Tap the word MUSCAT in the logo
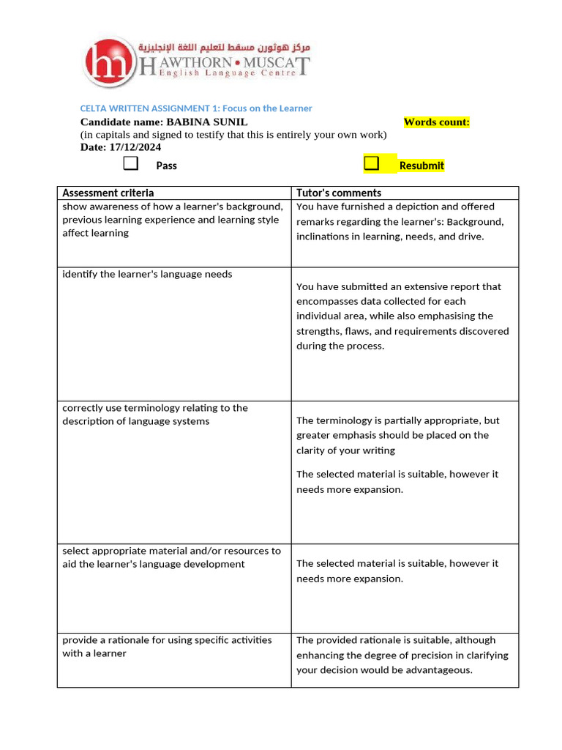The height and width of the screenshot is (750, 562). coord(277,64)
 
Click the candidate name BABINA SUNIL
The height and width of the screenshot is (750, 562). coord(207,122)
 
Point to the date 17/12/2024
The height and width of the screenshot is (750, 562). coord(135,147)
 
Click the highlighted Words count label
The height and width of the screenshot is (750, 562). coord(436,122)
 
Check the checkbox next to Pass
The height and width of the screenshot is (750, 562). coord(131,163)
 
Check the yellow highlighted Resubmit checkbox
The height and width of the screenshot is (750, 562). coord(372,163)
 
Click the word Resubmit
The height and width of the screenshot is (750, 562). coord(421,166)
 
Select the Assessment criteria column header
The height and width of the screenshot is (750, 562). coord(108,193)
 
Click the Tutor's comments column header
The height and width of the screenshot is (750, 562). coord(339,193)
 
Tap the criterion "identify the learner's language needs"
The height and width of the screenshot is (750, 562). coord(147,274)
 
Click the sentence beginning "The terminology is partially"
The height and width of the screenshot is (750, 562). coord(398,420)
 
